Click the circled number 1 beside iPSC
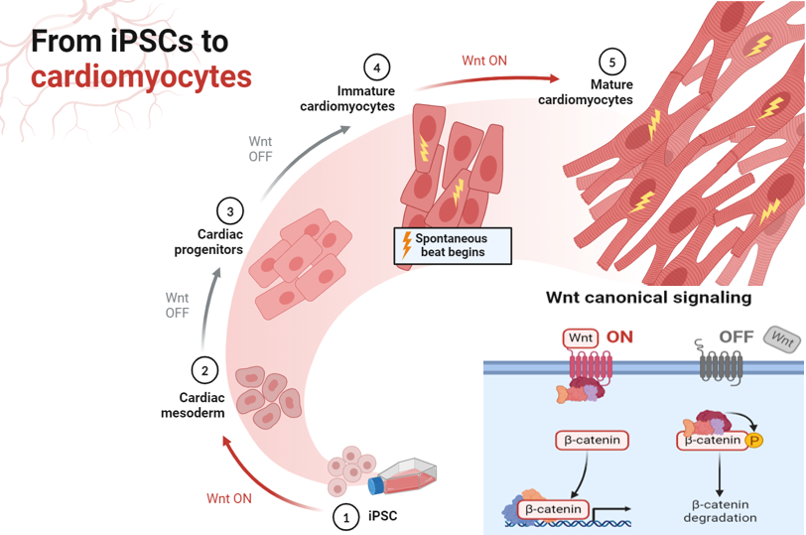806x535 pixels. [345, 516]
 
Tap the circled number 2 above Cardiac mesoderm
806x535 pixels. [204, 371]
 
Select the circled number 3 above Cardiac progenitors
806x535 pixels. [230, 210]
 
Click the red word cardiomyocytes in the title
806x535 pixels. [140, 75]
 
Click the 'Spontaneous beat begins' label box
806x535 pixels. [453, 245]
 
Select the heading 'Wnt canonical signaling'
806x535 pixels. [648, 297]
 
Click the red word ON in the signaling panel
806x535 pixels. [619, 337]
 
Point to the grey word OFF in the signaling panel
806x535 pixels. [736, 337]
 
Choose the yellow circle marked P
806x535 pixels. [754, 441]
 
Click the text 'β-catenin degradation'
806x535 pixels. [720, 510]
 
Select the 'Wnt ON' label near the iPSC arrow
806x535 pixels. [228, 497]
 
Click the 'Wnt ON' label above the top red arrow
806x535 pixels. [484, 61]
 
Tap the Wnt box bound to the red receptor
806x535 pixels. [581, 337]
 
